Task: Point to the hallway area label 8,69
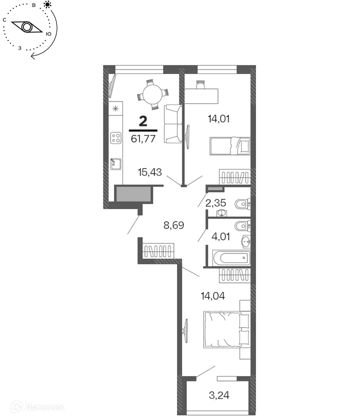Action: click(174, 225)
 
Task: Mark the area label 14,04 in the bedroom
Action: click(212, 295)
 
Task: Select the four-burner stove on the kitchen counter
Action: click(116, 137)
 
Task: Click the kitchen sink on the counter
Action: click(116, 163)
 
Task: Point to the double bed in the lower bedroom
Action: click(226, 329)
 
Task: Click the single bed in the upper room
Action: click(229, 146)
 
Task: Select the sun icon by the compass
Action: click(47, 5)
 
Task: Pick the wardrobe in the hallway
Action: click(158, 250)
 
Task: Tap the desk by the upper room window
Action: click(201, 95)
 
